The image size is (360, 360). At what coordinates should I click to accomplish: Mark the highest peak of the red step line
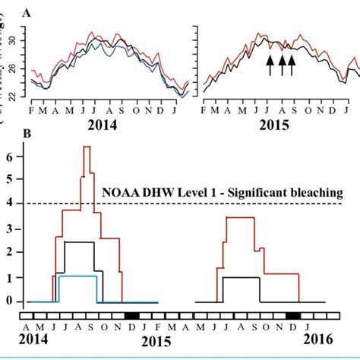pyautogui.click(x=87, y=147)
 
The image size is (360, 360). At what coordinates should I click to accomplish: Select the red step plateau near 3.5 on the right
pyautogui.click(x=240, y=218)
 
